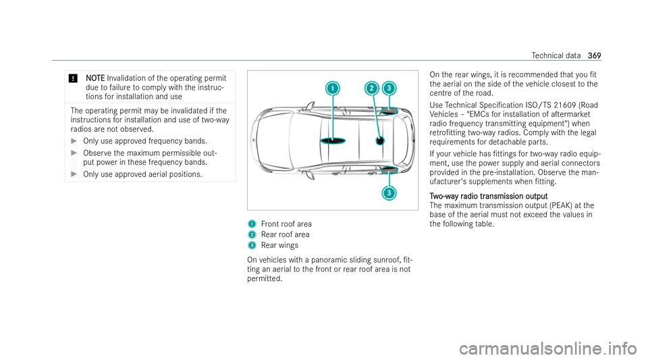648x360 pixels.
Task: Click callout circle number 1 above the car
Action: point(331,88)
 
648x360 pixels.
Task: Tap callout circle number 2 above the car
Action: point(371,88)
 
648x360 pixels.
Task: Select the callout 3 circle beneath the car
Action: point(389,193)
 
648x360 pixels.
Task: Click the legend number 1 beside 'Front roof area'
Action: point(251,223)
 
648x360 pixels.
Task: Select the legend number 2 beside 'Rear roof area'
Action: point(251,233)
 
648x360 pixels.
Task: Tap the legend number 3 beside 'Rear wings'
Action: point(251,244)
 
